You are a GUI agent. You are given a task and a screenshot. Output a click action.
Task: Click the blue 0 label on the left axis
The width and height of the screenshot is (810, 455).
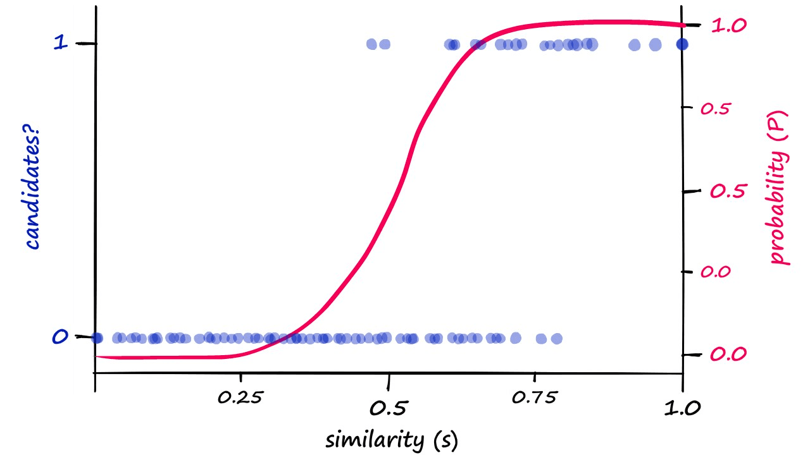(59, 337)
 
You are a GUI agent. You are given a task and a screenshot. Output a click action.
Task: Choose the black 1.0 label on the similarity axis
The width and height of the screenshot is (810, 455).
(682, 408)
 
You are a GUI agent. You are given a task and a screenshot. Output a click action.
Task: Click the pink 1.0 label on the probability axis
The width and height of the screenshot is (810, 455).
(730, 25)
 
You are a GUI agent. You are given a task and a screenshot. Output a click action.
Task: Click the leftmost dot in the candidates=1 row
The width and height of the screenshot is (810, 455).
(372, 44)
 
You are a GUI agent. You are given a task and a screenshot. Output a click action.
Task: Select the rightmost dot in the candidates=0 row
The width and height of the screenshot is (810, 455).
(556, 339)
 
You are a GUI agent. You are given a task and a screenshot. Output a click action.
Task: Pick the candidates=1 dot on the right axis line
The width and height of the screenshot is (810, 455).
(682, 44)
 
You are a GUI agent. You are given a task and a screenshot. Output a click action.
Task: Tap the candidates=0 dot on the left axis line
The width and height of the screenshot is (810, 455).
(96, 338)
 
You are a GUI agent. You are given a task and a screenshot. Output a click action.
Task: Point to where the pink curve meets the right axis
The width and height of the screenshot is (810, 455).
(683, 25)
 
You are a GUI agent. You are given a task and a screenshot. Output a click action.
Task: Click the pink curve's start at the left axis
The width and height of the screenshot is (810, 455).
(96, 356)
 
